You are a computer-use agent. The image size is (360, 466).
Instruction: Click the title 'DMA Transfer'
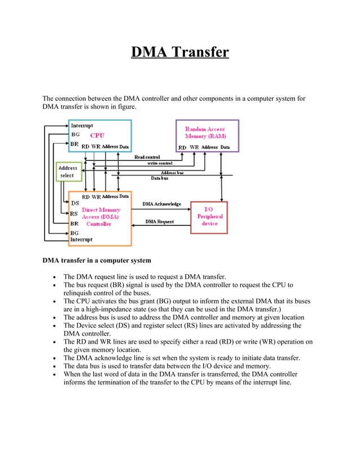pos(180,52)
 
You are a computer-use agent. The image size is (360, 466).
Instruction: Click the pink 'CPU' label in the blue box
pos(97,135)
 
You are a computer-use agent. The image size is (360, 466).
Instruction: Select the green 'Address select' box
pos(68,172)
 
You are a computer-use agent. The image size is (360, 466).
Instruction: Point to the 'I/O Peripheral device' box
pos(209,216)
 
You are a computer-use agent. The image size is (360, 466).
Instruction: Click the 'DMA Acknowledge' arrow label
pos(161,204)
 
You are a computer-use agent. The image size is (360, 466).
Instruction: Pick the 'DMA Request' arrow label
pos(160,222)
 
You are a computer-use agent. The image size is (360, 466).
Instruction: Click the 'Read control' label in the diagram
pos(147,157)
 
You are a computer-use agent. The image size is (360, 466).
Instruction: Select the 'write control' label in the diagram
pos(160,163)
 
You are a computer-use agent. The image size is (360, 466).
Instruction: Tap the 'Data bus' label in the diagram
pos(159,178)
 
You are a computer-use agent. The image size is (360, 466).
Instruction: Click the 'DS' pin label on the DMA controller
pos(74,204)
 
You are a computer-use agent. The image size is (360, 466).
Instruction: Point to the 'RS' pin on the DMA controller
pos(74,214)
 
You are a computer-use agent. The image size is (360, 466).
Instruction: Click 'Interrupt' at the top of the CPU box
pos(82,125)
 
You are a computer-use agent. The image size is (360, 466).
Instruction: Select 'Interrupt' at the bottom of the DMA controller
pos(82,239)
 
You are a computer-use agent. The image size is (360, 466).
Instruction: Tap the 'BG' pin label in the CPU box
pos(75,135)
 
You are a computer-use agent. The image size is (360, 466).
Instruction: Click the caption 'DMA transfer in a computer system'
pos(96,261)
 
